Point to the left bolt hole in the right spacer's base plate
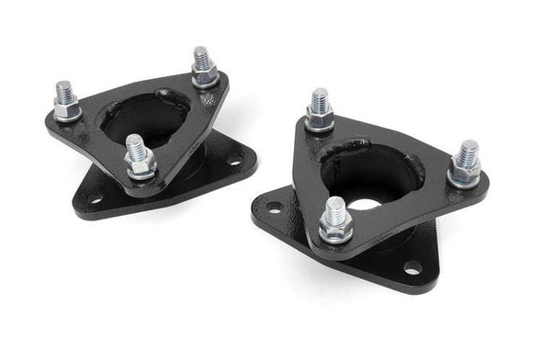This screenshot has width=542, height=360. [273, 209]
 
